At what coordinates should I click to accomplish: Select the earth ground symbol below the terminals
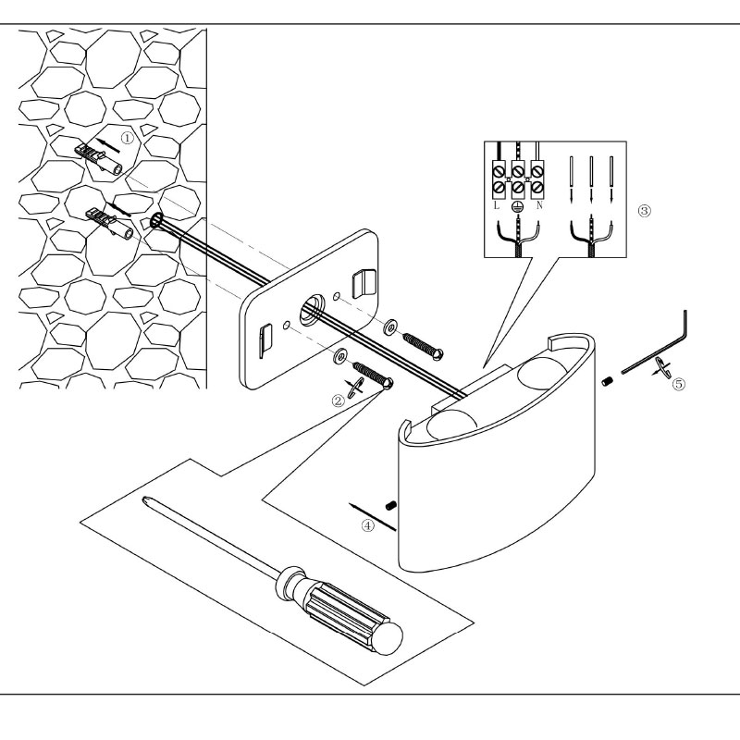518,207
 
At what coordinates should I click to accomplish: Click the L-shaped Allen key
659,350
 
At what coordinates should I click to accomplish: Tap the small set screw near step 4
391,506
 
